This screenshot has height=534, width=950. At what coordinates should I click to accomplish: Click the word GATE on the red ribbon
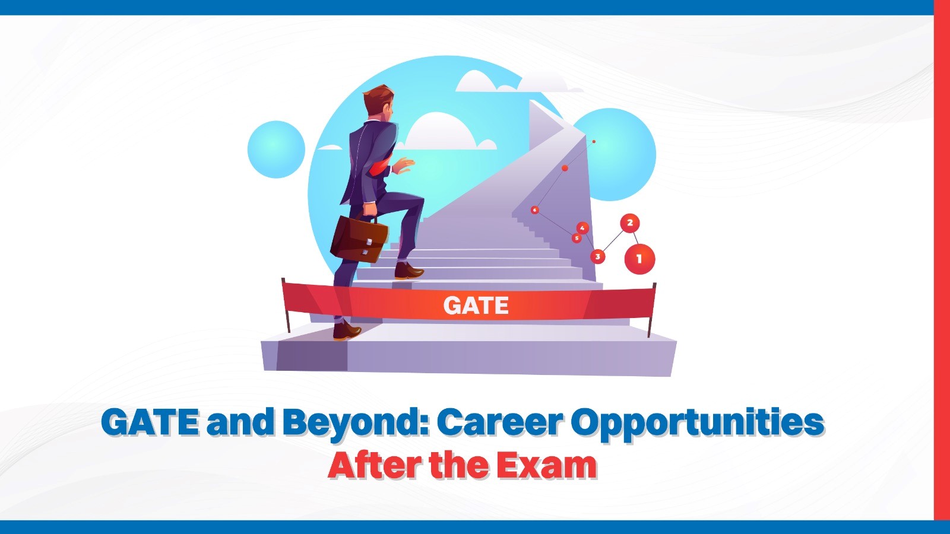(476, 306)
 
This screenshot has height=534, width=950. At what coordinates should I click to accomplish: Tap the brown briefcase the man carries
(359, 239)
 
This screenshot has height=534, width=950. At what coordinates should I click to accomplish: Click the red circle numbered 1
(639, 259)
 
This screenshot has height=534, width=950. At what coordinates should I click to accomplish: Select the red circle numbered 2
(629, 223)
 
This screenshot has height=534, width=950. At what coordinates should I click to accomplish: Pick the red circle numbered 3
(597, 256)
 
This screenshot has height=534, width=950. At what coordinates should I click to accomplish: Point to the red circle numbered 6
(535, 210)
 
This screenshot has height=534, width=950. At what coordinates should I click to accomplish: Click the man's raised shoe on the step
(408, 272)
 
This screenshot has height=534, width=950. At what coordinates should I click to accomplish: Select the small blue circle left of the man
(276, 149)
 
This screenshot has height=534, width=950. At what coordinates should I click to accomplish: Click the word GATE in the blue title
(150, 422)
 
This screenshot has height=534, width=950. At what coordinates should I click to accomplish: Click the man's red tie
(378, 169)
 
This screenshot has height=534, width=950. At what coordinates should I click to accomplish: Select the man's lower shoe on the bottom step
(346, 330)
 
